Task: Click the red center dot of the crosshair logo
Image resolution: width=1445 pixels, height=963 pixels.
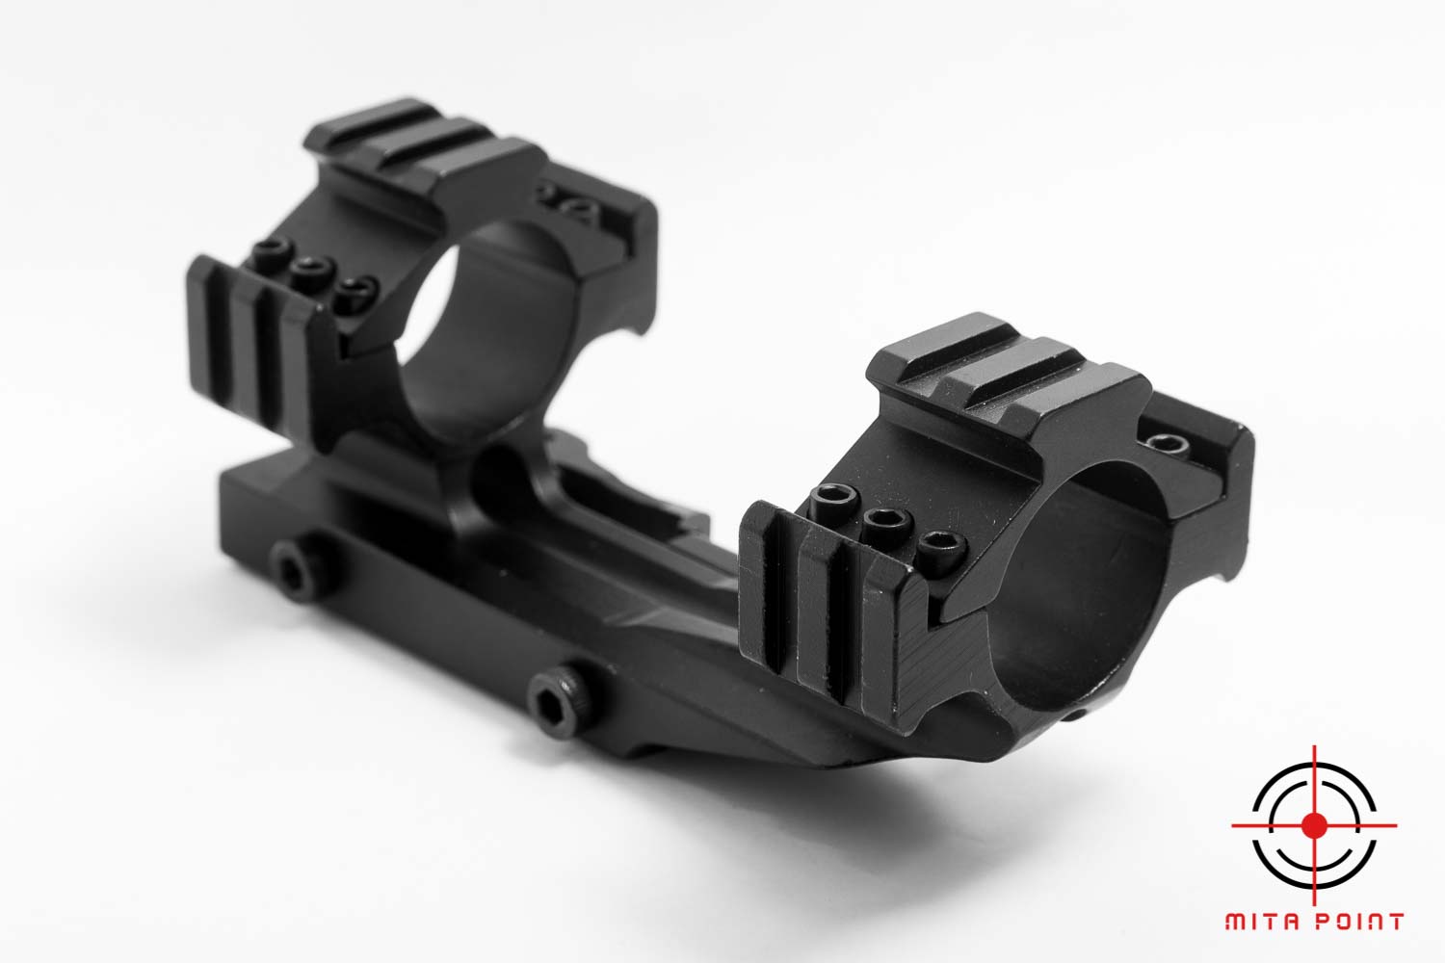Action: tap(1314, 825)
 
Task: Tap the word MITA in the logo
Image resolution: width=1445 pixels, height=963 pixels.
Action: tap(1260, 921)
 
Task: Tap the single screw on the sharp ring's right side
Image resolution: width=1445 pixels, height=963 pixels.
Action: tap(1167, 443)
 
